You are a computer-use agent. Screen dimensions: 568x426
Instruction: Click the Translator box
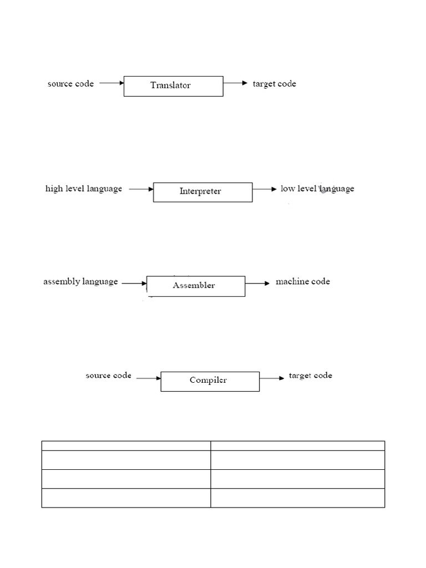tap(173, 86)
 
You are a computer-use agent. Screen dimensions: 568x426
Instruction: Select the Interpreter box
tap(202, 192)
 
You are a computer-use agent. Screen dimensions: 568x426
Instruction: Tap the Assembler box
tap(195, 286)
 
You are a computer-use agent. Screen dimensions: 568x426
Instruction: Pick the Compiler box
tap(210, 381)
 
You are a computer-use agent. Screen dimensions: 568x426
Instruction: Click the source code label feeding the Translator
tap(70, 84)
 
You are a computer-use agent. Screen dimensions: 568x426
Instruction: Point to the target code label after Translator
tap(275, 84)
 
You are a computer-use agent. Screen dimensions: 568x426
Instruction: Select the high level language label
tap(84, 189)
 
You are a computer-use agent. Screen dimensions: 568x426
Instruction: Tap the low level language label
tap(317, 189)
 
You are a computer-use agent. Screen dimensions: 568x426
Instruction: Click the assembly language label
tap(81, 282)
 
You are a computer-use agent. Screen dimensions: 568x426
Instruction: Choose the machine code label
tap(303, 282)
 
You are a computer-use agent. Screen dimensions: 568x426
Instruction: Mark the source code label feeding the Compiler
tap(109, 376)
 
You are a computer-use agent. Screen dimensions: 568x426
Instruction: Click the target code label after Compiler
tap(311, 376)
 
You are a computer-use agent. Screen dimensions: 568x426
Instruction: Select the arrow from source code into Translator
tap(111, 83)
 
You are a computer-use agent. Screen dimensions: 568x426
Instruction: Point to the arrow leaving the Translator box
tap(235, 83)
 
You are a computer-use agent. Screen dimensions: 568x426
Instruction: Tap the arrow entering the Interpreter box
tap(141, 189)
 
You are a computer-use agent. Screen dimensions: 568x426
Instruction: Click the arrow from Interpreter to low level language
tap(265, 189)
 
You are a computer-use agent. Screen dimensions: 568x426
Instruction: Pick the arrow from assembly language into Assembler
tap(134, 283)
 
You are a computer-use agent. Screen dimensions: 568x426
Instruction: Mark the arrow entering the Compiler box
tap(148, 378)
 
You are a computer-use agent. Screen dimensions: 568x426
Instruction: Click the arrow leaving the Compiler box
tap(272, 378)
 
